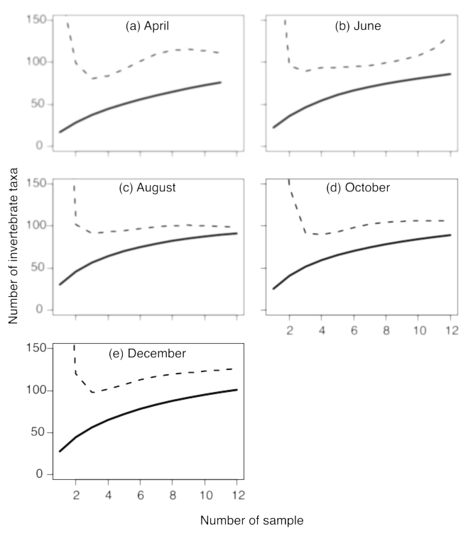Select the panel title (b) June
(358, 26)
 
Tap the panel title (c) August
(148, 189)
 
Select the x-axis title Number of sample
(251, 520)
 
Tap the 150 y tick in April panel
(31, 20)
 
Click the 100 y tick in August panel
(31, 226)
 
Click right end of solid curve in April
(221, 82)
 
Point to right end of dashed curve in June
(445, 39)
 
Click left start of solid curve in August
(60, 284)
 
